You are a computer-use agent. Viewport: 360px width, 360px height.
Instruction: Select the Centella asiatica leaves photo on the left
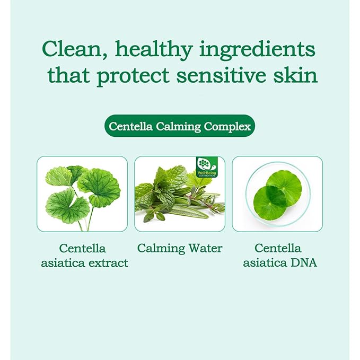click(x=82, y=194)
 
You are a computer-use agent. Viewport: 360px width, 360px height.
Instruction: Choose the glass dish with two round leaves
click(x=277, y=194)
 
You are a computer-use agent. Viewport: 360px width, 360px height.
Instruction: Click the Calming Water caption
click(x=180, y=248)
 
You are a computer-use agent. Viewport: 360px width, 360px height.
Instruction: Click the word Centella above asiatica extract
click(x=82, y=248)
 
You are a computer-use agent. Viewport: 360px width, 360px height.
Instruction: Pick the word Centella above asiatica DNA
click(x=278, y=248)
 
